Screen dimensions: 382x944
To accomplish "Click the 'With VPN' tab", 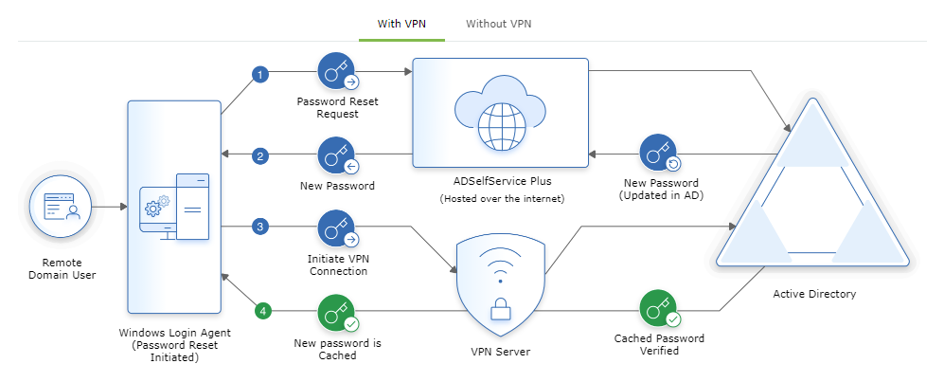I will pyautogui.click(x=401, y=23).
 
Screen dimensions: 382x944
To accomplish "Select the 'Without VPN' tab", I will pyautogui.click(x=498, y=23).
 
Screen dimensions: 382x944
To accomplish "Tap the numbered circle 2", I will pyautogui.click(x=260, y=156).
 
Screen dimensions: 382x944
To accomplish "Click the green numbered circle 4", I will pyautogui.click(x=264, y=310).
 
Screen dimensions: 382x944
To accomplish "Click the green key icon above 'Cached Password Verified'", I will pyautogui.click(x=658, y=309).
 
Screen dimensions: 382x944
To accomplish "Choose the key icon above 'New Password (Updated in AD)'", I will pyautogui.click(x=658, y=152).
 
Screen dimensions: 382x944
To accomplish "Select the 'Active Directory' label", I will pyautogui.click(x=813, y=294).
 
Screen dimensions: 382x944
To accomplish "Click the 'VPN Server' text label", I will pyautogui.click(x=500, y=352).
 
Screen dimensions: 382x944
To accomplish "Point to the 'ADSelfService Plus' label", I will pyautogui.click(x=500, y=181).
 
